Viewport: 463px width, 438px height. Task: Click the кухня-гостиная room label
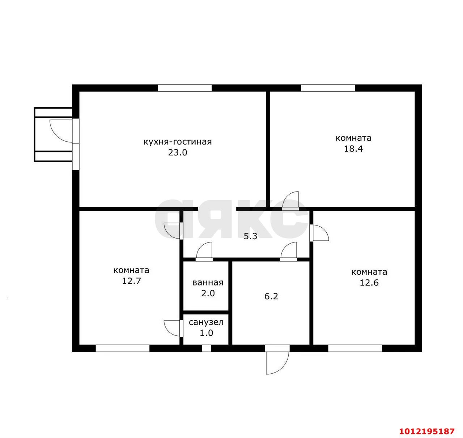[x=178, y=142]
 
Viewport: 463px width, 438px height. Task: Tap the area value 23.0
[x=178, y=153]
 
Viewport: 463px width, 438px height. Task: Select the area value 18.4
[x=353, y=149]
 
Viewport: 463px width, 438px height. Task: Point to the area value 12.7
[x=131, y=281]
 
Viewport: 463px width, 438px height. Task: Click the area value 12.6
[x=369, y=283]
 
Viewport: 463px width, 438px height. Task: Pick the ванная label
[x=208, y=283]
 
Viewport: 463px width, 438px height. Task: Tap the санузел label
[x=206, y=322]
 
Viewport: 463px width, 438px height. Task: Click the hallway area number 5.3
[x=250, y=236]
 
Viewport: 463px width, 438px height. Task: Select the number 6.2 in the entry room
[x=271, y=296]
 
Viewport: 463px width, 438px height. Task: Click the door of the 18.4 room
[x=290, y=200]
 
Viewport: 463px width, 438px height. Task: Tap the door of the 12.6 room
[x=319, y=233]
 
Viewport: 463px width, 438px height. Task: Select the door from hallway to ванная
[x=204, y=252]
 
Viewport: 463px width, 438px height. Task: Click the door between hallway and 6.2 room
[x=289, y=252]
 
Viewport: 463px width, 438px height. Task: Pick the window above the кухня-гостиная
[x=184, y=88]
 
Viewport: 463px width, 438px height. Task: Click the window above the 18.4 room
[x=328, y=88]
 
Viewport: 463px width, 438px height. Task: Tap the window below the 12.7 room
[x=123, y=348]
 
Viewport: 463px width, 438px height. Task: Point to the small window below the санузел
[x=206, y=348]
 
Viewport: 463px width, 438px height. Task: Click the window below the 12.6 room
[x=355, y=348]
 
